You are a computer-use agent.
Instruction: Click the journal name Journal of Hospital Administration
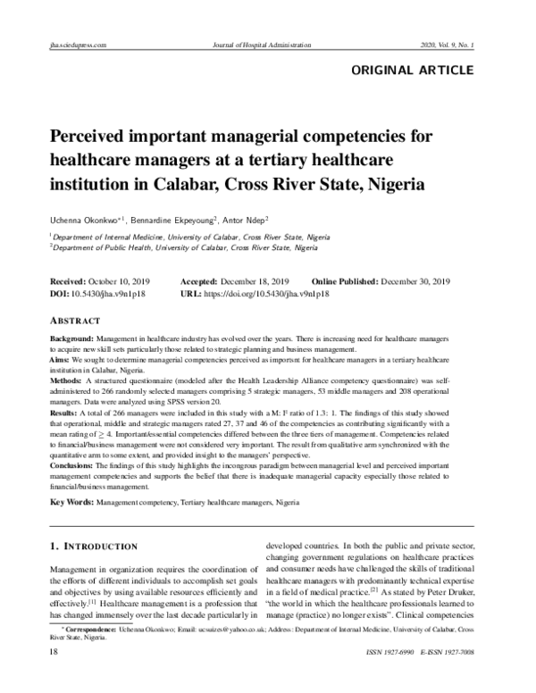[x=267, y=44]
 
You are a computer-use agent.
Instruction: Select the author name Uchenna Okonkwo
[x=87, y=219]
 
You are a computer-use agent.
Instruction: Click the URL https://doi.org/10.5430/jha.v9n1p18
[x=266, y=293]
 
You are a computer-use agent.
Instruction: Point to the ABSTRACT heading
[x=75, y=321]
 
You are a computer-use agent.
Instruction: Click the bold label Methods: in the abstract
[x=69, y=379]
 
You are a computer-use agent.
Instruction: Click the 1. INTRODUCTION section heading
[x=93, y=546]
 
